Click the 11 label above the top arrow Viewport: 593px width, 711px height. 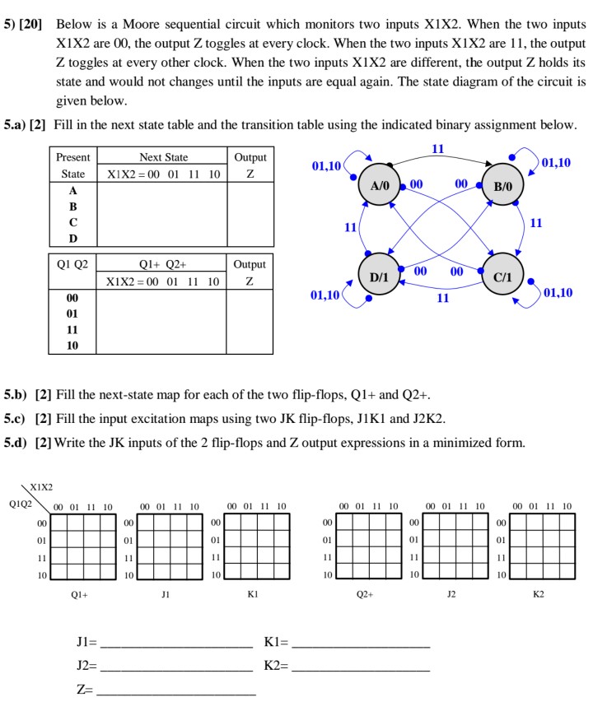coord(438,148)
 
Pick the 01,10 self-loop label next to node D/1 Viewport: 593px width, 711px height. coord(326,294)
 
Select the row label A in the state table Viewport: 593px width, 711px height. coord(73,189)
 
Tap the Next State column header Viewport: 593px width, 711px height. coord(164,157)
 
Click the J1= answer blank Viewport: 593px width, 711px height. coord(175,642)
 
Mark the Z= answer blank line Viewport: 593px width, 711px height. coord(175,690)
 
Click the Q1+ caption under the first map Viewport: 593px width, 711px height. coord(80,593)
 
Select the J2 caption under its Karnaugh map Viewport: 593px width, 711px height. coord(451,593)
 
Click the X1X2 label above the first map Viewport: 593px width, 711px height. coord(43,487)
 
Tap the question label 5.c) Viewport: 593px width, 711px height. coord(16,417)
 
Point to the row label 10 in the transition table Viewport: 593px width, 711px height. coord(73,346)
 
